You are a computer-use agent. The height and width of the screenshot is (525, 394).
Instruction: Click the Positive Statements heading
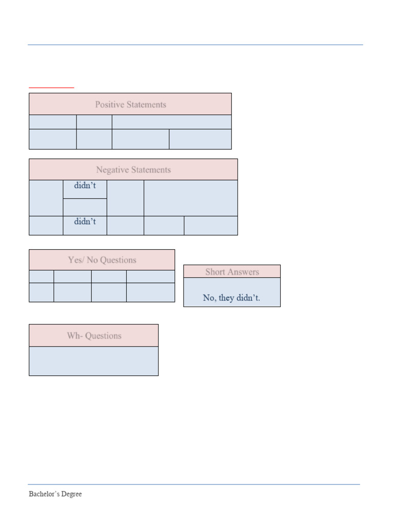click(x=131, y=105)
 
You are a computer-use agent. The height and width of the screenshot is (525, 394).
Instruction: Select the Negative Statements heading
click(x=133, y=170)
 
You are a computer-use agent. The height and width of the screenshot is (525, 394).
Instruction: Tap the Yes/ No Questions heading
click(x=102, y=260)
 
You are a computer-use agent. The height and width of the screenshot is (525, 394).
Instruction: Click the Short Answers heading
click(x=232, y=272)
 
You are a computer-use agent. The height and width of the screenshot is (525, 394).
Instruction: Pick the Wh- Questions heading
click(x=94, y=335)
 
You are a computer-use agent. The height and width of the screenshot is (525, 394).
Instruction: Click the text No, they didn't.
click(x=231, y=298)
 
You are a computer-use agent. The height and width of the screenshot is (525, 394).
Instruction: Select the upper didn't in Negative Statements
click(x=85, y=185)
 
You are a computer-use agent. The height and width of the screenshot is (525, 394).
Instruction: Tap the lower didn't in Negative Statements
click(x=85, y=221)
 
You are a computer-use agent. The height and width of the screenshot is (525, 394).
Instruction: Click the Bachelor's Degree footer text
click(x=55, y=494)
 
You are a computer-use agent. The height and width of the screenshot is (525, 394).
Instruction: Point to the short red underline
click(x=51, y=88)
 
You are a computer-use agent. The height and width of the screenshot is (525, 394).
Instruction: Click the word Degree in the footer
click(x=71, y=494)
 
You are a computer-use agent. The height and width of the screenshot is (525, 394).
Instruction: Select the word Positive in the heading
click(x=110, y=105)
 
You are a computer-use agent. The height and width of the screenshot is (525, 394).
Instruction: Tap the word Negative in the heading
click(x=112, y=170)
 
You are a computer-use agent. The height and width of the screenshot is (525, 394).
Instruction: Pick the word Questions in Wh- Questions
click(x=103, y=336)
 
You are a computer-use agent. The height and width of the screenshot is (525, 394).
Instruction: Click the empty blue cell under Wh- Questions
click(x=93, y=361)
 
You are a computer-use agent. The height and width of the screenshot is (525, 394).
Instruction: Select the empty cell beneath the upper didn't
click(x=85, y=207)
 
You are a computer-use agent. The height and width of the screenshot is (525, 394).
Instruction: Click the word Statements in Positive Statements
click(x=146, y=105)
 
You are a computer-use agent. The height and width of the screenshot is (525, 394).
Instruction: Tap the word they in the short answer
click(x=226, y=298)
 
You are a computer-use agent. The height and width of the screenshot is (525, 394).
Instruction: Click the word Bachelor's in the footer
click(x=44, y=494)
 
